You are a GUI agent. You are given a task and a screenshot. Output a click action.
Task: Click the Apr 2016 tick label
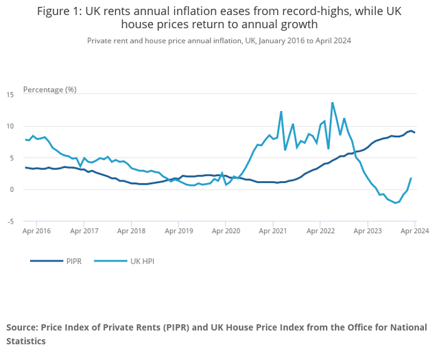click(36, 232)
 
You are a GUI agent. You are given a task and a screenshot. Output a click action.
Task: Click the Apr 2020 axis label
click(226, 232)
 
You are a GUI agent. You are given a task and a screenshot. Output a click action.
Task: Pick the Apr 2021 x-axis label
click(273, 232)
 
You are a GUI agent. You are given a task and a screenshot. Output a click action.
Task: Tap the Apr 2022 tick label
click(320, 232)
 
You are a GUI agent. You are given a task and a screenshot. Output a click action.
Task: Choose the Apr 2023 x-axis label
click(368, 232)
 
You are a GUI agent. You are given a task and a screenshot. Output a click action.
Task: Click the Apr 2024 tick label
click(414, 232)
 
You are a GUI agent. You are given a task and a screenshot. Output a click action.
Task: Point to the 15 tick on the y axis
click(11, 94)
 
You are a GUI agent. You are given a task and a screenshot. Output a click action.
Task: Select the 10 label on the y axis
click(11, 126)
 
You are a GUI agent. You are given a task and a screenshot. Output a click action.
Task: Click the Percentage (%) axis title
click(50, 90)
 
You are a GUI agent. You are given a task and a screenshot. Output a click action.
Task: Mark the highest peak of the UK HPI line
click(333, 103)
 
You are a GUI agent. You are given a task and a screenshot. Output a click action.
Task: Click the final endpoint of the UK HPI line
click(411, 178)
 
